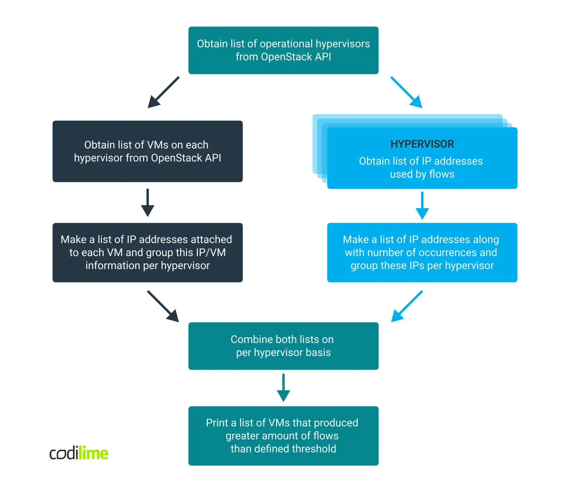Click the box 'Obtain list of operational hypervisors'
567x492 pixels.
click(283, 50)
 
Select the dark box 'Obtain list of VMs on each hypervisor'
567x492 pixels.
click(147, 151)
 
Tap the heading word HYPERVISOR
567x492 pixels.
click(422, 144)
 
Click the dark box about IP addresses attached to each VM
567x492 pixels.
click(147, 252)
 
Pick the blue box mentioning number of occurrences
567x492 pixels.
click(422, 252)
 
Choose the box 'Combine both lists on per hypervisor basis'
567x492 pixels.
click(283, 346)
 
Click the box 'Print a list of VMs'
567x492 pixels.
click(283, 436)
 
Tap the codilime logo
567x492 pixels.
click(79, 453)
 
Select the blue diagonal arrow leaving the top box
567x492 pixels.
click(406, 92)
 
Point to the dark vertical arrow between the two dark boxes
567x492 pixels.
click(147, 202)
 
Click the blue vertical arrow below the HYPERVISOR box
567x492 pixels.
click(422, 205)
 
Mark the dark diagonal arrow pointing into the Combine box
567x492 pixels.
click(163, 306)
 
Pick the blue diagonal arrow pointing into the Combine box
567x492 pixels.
click(407, 306)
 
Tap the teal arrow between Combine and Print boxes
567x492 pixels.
click(283, 388)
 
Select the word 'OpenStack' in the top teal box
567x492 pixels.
click(286, 57)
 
